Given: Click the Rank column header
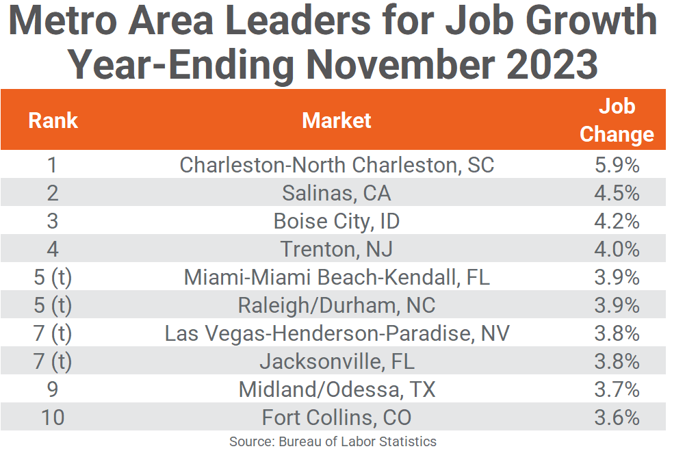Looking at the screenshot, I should pyautogui.click(x=53, y=120).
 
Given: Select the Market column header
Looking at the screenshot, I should pyautogui.click(x=337, y=120).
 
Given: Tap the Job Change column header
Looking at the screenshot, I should pyautogui.click(x=617, y=120).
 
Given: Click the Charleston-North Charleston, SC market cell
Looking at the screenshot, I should pyautogui.click(x=337, y=165).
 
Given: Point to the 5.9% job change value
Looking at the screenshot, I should pyautogui.click(x=617, y=165).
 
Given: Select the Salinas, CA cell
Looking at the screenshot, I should pyautogui.click(x=337, y=193).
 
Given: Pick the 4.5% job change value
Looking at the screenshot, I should pyautogui.click(x=617, y=193).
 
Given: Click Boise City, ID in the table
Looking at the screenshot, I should pyautogui.click(x=337, y=221).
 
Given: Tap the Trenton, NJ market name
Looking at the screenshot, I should pyautogui.click(x=337, y=249).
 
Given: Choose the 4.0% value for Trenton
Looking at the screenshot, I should pyautogui.click(x=617, y=249).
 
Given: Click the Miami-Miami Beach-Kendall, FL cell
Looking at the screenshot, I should pyautogui.click(x=337, y=277).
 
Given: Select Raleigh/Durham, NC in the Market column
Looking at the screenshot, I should pyautogui.click(x=337, y=305).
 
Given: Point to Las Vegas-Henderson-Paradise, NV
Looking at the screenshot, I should pyautogui.click(x=337, y=333).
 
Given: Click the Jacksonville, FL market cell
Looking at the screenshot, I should pyautogui.click(x=337, y=361).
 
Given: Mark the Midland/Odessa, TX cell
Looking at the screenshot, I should pyautogui.click(x=337, y=389).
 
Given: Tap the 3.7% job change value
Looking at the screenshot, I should pyautogui.click(x=617, y=389).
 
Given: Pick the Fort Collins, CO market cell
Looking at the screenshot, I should pyautogui.click(x=337, y=417).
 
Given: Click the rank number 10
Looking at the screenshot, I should pyautogui.click(x=53, y=417).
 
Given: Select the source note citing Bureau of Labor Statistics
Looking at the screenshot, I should pyautogui.click(x=333, y=441).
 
